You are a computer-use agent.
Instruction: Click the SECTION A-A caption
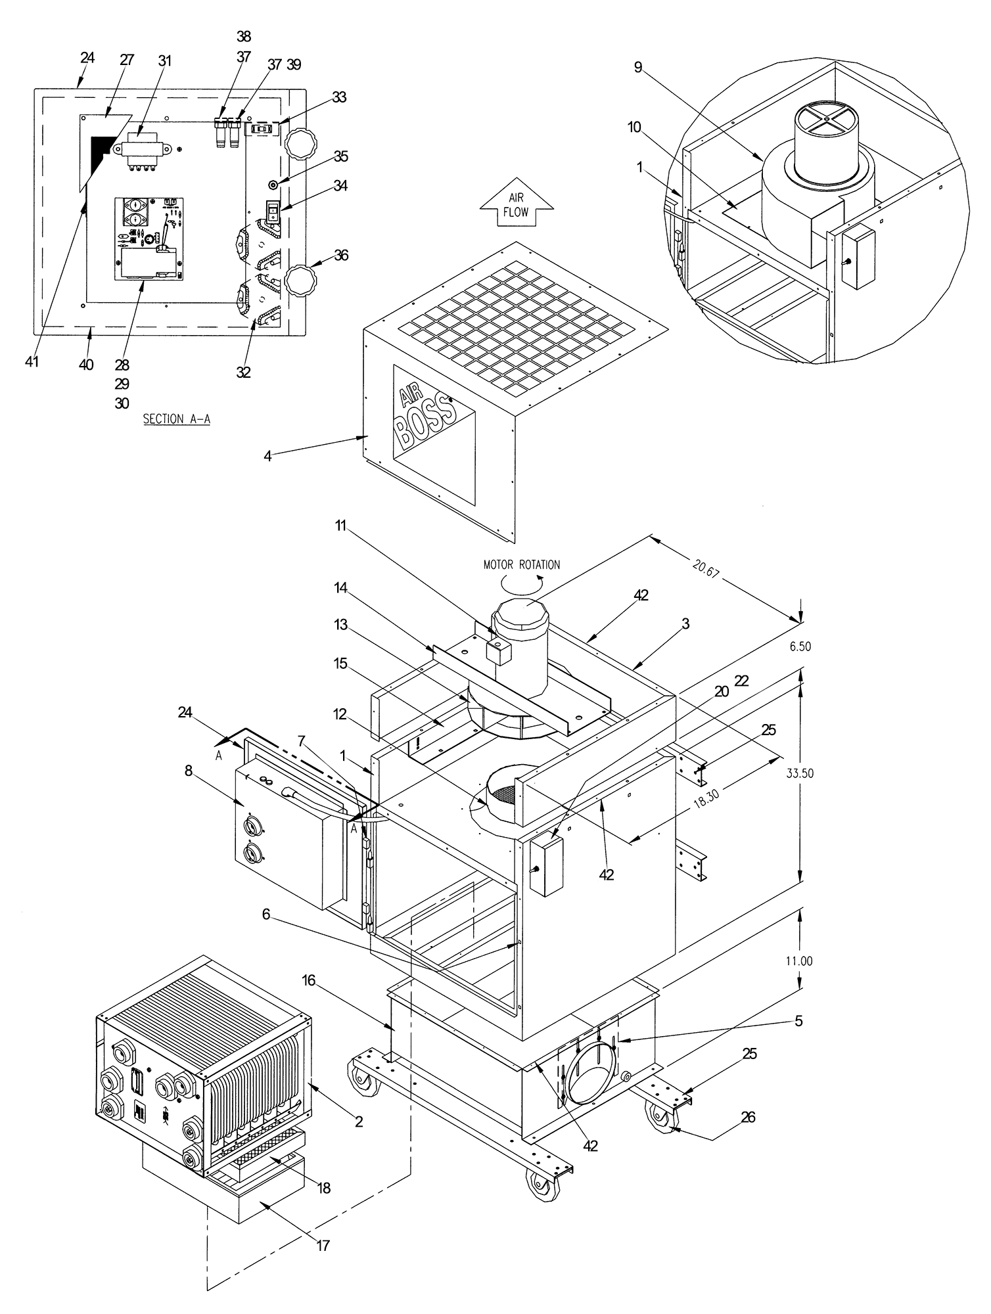[x=176, y=419]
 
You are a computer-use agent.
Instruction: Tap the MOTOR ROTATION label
[x=522, y=564]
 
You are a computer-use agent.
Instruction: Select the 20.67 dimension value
[x=706, y=568]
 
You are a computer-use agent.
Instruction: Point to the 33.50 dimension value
[x=800, y=773]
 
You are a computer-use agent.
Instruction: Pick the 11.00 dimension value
[x=800, y=961]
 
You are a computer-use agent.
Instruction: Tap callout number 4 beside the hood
[x=267, y=455]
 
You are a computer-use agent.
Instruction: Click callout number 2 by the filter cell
[x=359, y=1121]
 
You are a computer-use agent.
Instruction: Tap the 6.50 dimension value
[x=800, y=646]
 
